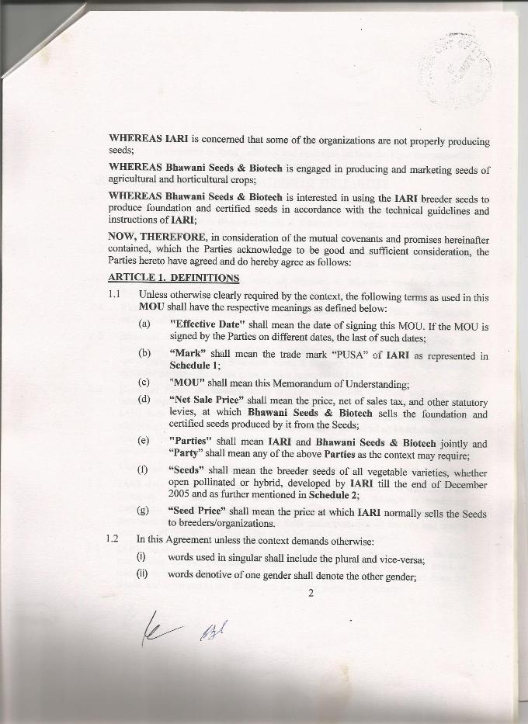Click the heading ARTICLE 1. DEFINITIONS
tap(173, 278)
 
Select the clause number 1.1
tap(116, 295)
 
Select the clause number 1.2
tap(116, 540)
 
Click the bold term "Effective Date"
tap(207, 327)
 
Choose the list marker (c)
tap(144, 383)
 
